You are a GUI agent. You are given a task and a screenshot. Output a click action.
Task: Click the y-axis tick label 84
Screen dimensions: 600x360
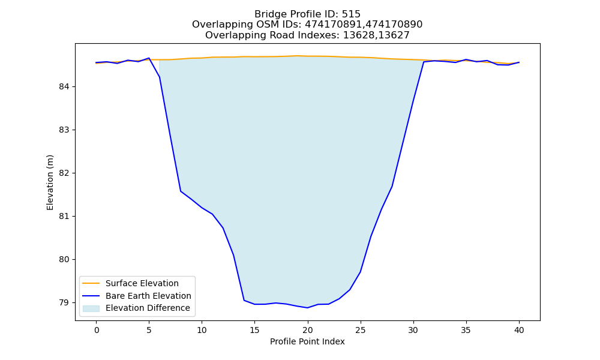pyautogui.click(x=64, y=87)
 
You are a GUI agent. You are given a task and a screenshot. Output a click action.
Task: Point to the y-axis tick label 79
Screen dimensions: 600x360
pyautogui.click(x=64, y=302)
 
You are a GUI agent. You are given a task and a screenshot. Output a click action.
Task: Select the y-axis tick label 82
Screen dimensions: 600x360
pyautogui.click(x=64, y=173)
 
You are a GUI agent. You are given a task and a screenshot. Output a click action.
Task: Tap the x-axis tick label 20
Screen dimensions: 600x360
pyautogui.click(x=308, y=330)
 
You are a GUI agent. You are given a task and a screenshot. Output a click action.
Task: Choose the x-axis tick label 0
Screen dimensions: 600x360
pyautogui.click(x=97, y=330)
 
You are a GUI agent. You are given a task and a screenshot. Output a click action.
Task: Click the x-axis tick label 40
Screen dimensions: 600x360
pyautogui.click(x=519, y=330)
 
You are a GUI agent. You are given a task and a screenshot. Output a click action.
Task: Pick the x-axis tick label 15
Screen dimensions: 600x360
pyautogui.click(x=255, y=330)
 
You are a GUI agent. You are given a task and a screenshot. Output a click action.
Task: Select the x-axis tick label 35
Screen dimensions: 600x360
pyautogui.click(x=466, y=330)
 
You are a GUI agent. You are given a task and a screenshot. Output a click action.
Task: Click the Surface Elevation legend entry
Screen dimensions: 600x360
pyautogui.click(x=142, y=283)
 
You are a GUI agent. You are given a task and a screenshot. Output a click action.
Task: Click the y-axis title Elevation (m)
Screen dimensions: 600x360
pyautogui.click(x=50, y=182)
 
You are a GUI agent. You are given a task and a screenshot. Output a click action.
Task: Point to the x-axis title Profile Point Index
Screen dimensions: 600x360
pyautogui.click(x=307, y=341)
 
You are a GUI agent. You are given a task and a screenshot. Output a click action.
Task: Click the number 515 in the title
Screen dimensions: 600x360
pyautogui.click(x=351, y=14)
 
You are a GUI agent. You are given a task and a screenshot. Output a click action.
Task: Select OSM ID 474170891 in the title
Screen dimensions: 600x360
pyautogui.click(x=333, y=25)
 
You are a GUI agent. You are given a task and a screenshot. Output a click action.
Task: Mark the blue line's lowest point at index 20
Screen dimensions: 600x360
pyautogui.click(x=308, y=308)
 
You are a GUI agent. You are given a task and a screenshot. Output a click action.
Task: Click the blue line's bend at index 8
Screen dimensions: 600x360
pyautogui.click(x=181, y=191)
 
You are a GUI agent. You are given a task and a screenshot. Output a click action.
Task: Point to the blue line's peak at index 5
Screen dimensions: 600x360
pyautogui.click(x=149, y=58)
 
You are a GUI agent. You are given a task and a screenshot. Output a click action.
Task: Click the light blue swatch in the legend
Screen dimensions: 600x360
pyautogui.click(x=91, y=308)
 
